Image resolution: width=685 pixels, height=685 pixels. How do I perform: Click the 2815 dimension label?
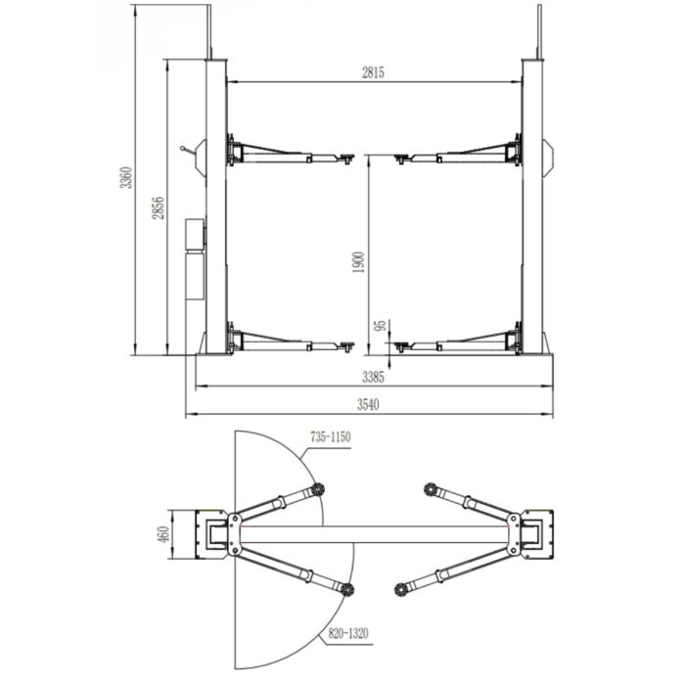(x=373, y=72)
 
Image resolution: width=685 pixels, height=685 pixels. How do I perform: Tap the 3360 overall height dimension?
(x=126, y=177)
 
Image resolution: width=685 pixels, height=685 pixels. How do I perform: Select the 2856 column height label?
(x=158, y=207)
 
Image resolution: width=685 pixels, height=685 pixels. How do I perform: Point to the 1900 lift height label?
(x=358, y=262)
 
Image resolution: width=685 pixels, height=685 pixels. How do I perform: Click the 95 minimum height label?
(x=382, y=325)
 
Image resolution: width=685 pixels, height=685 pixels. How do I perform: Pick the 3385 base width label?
(x=373, y=377)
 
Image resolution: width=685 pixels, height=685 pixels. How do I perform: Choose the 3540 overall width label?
(x=368, y=404)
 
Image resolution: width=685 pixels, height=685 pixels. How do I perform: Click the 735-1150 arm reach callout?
(x=331, y=436)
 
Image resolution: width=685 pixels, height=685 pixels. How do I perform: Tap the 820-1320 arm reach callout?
(x=347, y=632)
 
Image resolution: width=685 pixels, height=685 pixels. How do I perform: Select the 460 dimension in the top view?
(x=163, y=534)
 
